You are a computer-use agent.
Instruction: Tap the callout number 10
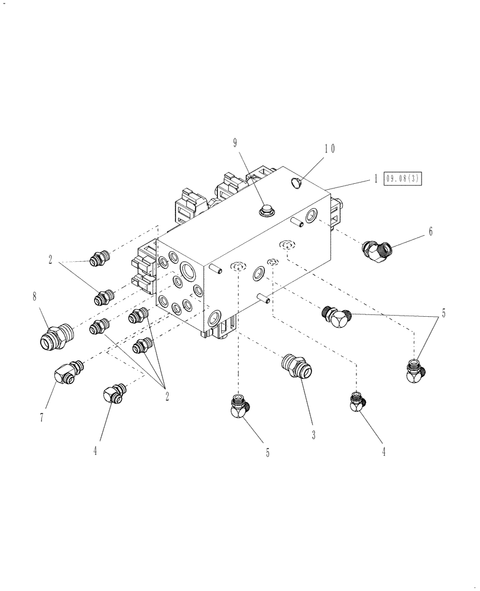(x=329, y=149)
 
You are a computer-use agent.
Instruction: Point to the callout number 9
(x=235, y=142)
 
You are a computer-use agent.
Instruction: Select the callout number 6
(x=430, y=232)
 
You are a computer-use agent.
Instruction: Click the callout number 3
(x=313, y=436)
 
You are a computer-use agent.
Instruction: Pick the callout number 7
(x=41, y=417)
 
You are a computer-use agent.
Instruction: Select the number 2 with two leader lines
(x=51, y=259)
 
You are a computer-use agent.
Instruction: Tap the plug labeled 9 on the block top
(x=264, y=210)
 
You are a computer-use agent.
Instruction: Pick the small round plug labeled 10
(x=297, y=183)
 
